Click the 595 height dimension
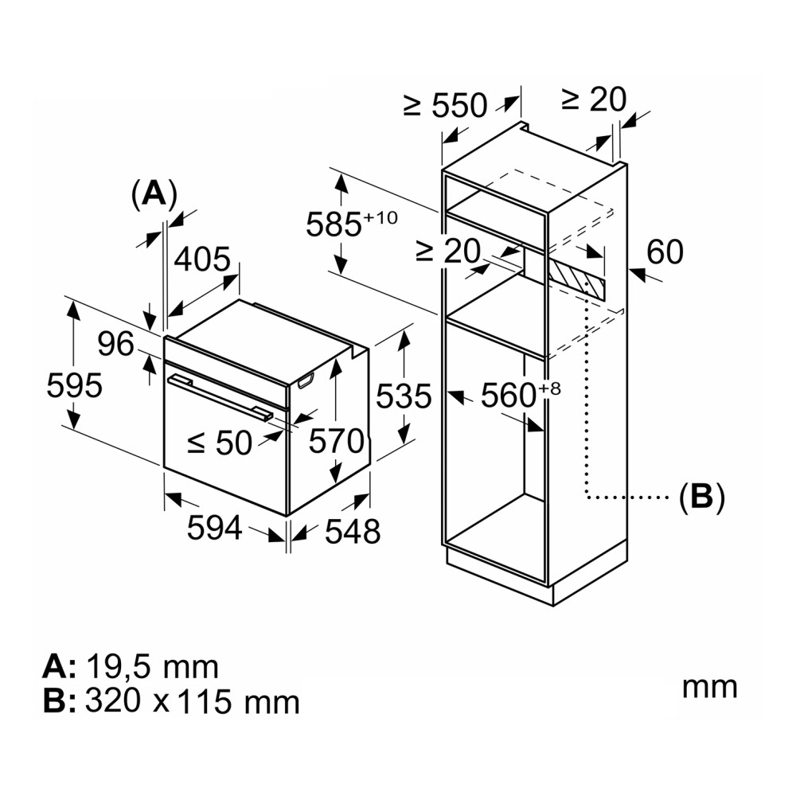click(x=74, y=386)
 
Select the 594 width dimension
click(x=213, y=527)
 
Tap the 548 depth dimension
click(x=353, y=531)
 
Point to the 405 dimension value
click(x=201, y=259)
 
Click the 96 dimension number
click(x=115, y=344)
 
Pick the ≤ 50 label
click(x=220, y=443)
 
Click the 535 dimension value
click(x=403, y=396)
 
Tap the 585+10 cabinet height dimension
click(x=351, y=224)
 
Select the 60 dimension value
click(x=665, y=252)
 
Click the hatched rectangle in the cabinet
click(x=576, y=278)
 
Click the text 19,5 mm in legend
click(x=152, y=665)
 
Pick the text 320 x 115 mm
click(x=191, y=701)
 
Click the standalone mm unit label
click(x=709, y=686)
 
